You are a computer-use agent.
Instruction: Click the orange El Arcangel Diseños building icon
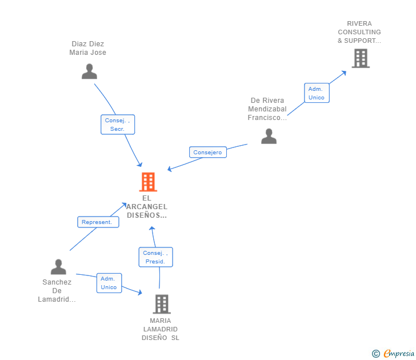tap(148, 182)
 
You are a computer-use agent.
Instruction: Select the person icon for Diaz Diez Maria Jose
tap(89, 71)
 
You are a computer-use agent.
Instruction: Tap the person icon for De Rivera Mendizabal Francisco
tap(269, 136)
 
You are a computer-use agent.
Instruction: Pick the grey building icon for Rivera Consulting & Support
tap(360, 58)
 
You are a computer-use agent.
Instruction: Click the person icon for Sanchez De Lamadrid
tap(58, 267)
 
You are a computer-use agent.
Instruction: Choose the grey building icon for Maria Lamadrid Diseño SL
tap(162, 304)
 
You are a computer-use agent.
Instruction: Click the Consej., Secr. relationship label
tap(118, 125)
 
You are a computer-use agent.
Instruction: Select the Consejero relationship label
tap(207, 153)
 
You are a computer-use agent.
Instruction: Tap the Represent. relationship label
tap(98, 222)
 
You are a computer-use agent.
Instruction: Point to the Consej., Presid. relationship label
tap(155, 257)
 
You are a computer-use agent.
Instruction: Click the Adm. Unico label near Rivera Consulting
tap(316, 93)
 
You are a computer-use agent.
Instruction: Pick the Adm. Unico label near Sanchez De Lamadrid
tap(109, 283)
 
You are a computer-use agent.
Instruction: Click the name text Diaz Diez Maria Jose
tap(88, 48)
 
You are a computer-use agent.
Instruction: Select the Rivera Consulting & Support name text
tap(359, 32)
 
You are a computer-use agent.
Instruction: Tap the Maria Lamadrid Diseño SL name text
tap(161, 329)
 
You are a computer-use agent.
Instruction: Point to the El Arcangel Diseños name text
tap(147, 207)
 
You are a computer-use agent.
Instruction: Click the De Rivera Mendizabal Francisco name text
tap(267, 109)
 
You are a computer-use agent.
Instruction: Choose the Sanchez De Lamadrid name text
tap(57, 290)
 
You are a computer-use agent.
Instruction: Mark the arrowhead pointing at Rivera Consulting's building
tap(343, 72)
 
